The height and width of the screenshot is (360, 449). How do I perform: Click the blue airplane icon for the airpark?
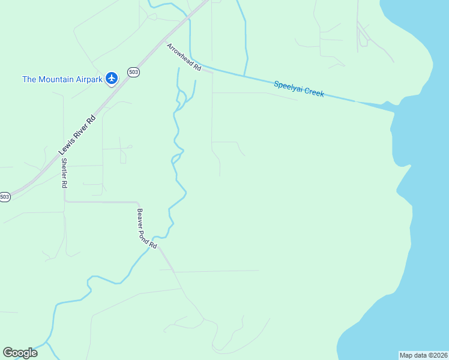[111, 79]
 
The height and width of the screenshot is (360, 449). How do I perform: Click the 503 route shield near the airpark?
[133, 73]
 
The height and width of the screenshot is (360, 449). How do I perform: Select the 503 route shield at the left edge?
[5, 197]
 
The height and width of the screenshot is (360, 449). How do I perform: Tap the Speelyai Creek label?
[299, 89]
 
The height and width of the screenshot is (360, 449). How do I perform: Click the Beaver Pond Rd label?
[147, 229]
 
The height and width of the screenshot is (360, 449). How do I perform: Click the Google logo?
[20, 353]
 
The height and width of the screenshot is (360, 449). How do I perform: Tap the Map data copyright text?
[423, 355]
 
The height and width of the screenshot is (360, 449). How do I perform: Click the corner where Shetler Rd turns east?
[65, 202]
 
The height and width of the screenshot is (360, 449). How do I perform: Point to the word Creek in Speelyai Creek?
[313, 91]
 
